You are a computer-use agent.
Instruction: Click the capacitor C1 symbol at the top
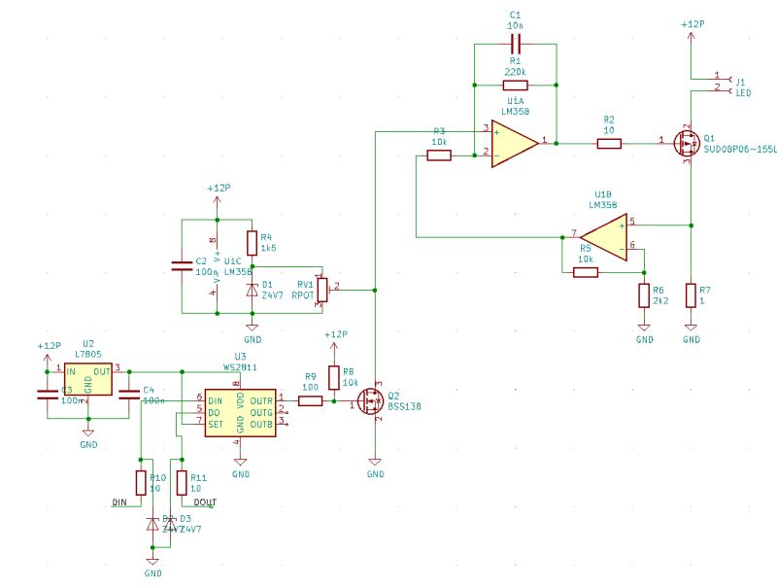tap(515, 44)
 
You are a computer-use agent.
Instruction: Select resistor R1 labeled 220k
tap(515, 86)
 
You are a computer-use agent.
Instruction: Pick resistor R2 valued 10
tap(609, 144)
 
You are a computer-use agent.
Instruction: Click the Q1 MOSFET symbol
tap(688, 144)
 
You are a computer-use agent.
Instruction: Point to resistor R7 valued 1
tap(691, 294)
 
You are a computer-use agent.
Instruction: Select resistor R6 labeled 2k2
tap(643, 294)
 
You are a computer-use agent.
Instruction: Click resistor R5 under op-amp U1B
tap(586, 272)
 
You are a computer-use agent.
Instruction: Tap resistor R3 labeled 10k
tap(439, 154)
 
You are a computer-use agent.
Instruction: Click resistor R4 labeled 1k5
tap(253, 242)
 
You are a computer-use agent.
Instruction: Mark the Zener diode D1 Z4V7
tap(253, 289)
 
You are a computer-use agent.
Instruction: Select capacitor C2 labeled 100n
tap(182, 265)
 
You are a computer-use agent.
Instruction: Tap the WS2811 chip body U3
tap(241, 411)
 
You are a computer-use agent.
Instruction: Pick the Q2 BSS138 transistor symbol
tap(372, 401)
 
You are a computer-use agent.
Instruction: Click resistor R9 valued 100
tap(311, 400)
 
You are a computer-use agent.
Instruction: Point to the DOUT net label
tap(204, 502)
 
